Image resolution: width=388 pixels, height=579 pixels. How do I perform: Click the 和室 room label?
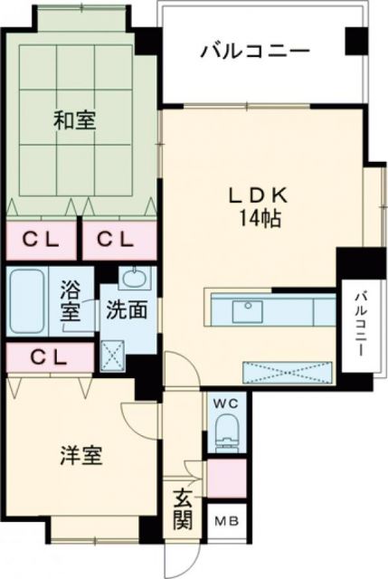(75, 119)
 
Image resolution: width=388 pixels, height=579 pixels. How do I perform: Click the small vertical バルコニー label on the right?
(359, 325)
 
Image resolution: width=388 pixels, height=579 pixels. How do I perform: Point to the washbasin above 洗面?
(133, 277)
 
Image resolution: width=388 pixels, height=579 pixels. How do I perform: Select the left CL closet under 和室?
(42, 240)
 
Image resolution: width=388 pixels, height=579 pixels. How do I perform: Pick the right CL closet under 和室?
(116, 240)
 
